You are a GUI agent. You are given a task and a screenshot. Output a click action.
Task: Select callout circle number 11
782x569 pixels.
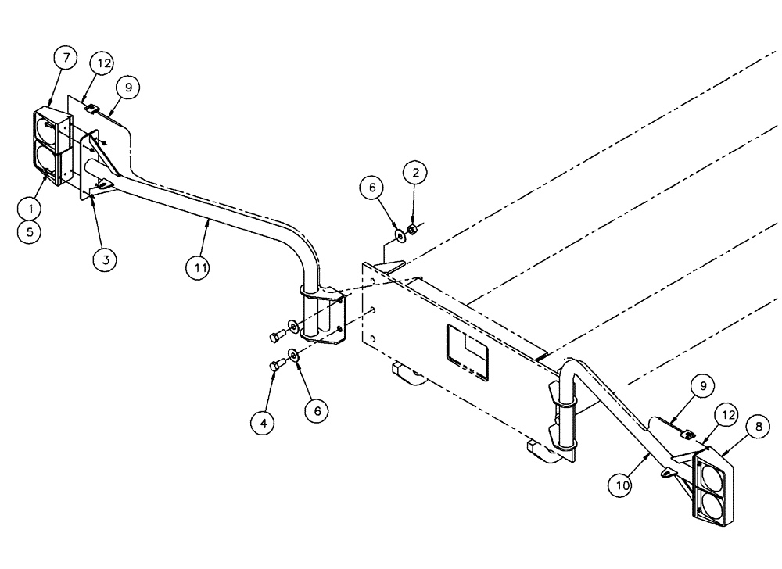tap(200, 267)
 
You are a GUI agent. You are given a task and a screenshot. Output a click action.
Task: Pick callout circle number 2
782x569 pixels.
tap(415, 172)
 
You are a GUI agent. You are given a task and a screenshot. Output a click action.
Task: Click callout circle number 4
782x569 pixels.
tap(264, 423)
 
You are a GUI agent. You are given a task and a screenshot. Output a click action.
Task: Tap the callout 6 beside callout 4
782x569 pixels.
tap(316, 409)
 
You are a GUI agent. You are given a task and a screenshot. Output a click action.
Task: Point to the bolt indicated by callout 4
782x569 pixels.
tap(274, 365)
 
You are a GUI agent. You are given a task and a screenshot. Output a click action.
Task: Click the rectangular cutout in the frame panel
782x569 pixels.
tap(467, 352)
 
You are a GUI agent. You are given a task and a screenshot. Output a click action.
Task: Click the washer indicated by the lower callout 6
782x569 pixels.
tap(292, 355)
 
